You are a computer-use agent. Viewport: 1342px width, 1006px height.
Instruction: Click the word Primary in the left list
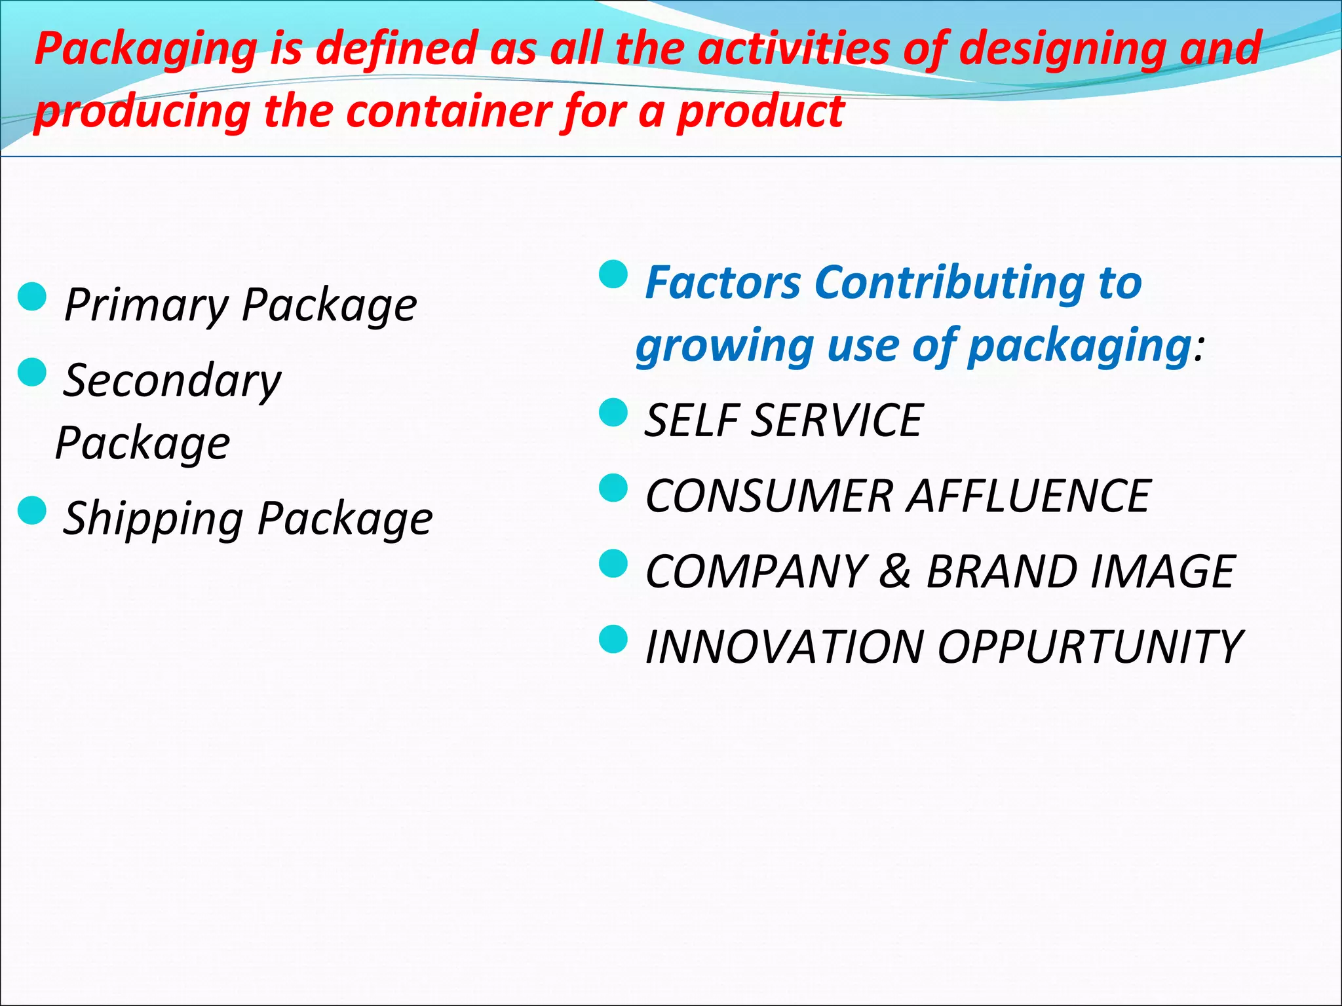click(145, 305)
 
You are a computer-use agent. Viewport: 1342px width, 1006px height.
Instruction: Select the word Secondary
click(172, 381)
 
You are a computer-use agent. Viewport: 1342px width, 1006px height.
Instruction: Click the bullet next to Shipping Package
click(32, 510)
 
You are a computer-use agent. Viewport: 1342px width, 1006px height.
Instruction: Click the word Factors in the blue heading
click(723, 283)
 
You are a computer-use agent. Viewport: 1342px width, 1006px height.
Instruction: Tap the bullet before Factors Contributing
click(613, 274)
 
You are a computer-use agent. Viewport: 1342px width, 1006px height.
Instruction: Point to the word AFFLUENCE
click(1029, 496)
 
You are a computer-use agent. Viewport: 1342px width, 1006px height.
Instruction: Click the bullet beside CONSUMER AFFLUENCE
click(613, 488)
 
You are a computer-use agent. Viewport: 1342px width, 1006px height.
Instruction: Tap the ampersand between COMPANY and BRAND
click(896, 571)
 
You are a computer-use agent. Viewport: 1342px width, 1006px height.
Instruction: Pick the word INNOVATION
click(784, 647)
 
